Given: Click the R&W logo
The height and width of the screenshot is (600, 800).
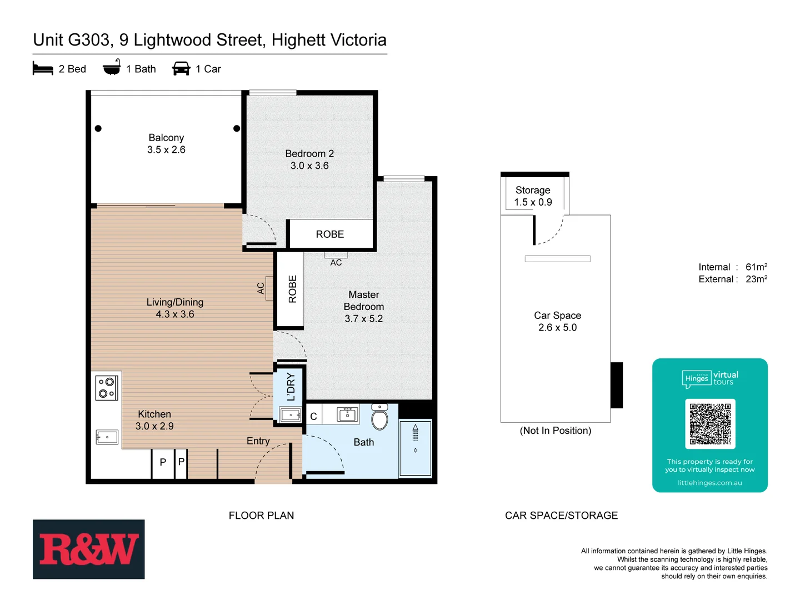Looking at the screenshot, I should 88,549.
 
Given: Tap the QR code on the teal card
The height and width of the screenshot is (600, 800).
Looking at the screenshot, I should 710,424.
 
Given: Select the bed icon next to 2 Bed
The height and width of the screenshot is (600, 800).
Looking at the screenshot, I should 43,69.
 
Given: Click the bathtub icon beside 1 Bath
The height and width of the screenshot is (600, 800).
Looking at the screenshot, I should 112,68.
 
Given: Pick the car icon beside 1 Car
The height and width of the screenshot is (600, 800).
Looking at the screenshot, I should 181,69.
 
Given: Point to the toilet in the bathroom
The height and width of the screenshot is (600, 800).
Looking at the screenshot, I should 380,418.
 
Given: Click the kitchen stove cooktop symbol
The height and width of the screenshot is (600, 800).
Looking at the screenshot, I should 106,387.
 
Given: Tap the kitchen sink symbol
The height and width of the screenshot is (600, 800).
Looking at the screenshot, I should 107,437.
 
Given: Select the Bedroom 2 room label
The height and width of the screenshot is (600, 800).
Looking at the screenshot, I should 309,154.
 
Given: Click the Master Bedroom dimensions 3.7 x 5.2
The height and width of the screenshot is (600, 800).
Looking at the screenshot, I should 363,319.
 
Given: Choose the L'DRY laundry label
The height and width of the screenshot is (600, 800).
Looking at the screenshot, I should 291,387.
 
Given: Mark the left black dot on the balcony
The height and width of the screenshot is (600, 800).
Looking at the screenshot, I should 98,128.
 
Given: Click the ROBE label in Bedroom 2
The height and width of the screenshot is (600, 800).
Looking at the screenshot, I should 330,234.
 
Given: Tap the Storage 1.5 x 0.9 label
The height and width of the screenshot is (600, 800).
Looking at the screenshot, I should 533,196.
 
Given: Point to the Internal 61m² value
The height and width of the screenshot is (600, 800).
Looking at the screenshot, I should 756,267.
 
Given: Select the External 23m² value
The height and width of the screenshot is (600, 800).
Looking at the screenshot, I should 756,279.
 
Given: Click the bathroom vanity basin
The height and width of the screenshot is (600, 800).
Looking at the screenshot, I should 348,414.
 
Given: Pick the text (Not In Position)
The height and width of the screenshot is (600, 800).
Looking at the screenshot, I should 556,431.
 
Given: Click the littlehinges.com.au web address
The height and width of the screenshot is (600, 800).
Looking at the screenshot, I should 709,483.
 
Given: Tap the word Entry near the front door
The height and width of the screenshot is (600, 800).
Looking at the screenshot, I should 258,441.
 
